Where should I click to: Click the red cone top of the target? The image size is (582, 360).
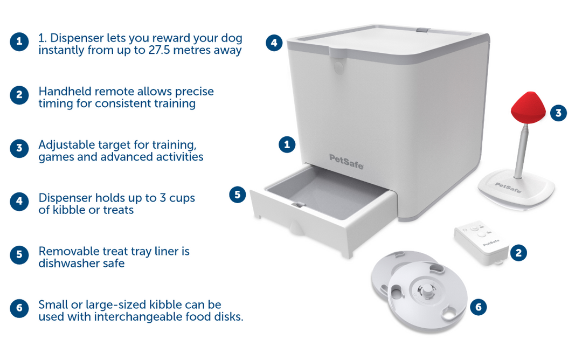tap(528, 108)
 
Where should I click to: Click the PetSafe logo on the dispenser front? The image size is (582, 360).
tap(347, 162)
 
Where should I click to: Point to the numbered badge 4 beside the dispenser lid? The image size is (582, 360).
tap(274, 43)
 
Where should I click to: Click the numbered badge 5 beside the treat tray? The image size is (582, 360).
tap(238, 195)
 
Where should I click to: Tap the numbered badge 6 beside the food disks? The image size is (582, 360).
tap(478, 307)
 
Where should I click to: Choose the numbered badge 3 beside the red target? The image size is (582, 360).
tap(558, 113)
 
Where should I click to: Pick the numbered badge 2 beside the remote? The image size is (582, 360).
tap(518, 253)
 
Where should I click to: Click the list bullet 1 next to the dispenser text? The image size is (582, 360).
tap(19, 41)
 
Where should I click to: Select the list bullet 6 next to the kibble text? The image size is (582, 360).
tap(19, 308)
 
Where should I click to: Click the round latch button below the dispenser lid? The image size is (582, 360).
tap(338, 67)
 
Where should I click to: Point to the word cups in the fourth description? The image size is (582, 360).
tap(182, 198)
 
